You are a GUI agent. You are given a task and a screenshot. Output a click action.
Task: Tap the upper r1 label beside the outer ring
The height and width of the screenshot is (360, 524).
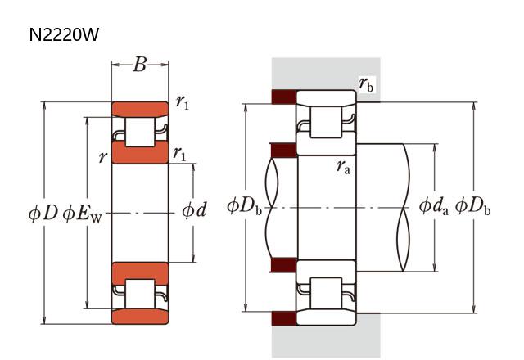pyautogui.click(x=182, y=102)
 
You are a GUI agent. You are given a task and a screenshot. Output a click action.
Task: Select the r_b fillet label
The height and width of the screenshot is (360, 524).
pyautogui.click(x=367, y=83)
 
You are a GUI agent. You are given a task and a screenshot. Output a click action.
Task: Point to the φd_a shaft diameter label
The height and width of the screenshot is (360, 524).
pyautogui.click(x=434, y=205)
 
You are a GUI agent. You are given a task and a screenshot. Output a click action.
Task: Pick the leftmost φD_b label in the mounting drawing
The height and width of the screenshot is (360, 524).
pyautogui.click(x=245, y=205)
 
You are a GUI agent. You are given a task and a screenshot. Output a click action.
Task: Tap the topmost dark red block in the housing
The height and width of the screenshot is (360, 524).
pyautogui.click(x=283, y=97)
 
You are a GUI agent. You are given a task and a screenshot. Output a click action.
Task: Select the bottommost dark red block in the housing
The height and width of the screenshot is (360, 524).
pyautogui.click(x=283, y=317)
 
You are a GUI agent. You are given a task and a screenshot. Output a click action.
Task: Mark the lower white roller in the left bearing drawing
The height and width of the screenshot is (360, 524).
pyautogui.click(x=140, y=294)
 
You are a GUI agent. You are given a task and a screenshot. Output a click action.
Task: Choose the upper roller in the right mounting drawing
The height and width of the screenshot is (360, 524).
pyautogui.click(x=327, y=125)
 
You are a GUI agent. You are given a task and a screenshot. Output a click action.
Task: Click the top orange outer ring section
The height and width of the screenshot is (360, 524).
pyautogui.click(x=140, y=109)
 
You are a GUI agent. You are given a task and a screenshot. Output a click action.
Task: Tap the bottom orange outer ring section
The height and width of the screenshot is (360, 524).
pyautogui.click(x=140, y=317)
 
